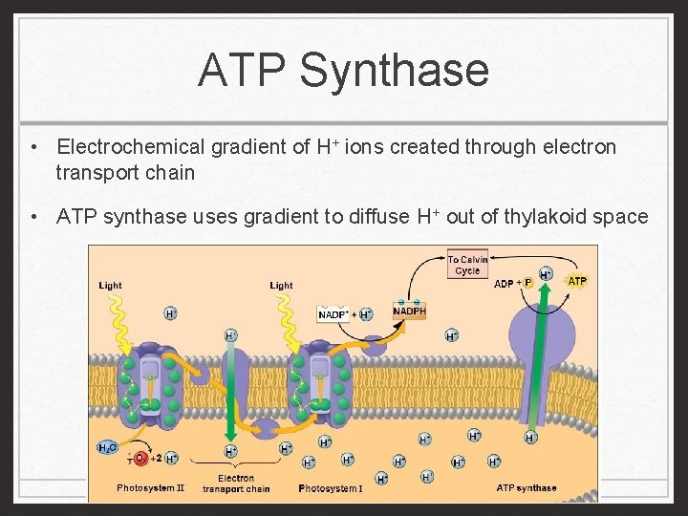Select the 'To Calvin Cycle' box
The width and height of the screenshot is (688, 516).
tap(467, 265)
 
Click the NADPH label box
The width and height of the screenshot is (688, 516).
tap(409, 311)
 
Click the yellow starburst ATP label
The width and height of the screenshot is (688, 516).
tap(577, 281)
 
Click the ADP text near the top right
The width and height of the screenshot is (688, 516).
tap(505, 284)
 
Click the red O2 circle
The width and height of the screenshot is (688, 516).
tap(140, 459)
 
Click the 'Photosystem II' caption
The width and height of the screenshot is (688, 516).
tap(150, 488)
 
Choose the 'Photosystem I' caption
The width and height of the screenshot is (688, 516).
tap(331, 488)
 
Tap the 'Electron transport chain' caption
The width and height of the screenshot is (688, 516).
tap(236, 484)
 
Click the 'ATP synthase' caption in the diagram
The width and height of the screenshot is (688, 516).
tap(527, 488)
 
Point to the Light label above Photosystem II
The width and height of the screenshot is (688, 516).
tap(110, 285)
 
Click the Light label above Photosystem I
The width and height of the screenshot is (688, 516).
tap(281, 285)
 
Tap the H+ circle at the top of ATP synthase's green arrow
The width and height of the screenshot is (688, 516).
tap(546, 274)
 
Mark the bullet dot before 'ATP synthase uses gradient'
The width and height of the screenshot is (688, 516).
tap(33, 217)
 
